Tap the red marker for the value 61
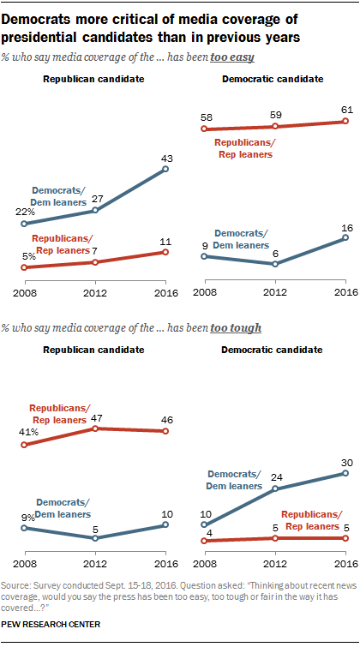tap(345, 121)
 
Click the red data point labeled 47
tap(96, 428)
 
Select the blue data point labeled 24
tap(275, 488)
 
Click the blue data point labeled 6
tap(275, 264)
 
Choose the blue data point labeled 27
tap(96, 210)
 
